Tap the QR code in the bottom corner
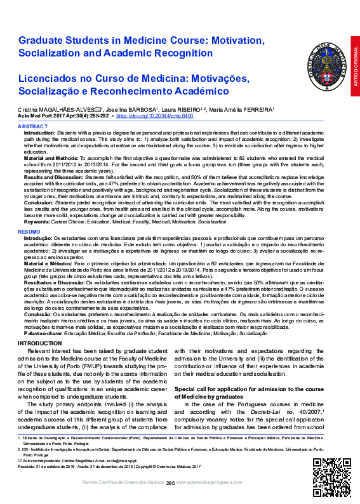328,471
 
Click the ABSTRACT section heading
32,127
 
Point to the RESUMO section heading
29,232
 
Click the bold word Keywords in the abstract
37,223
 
